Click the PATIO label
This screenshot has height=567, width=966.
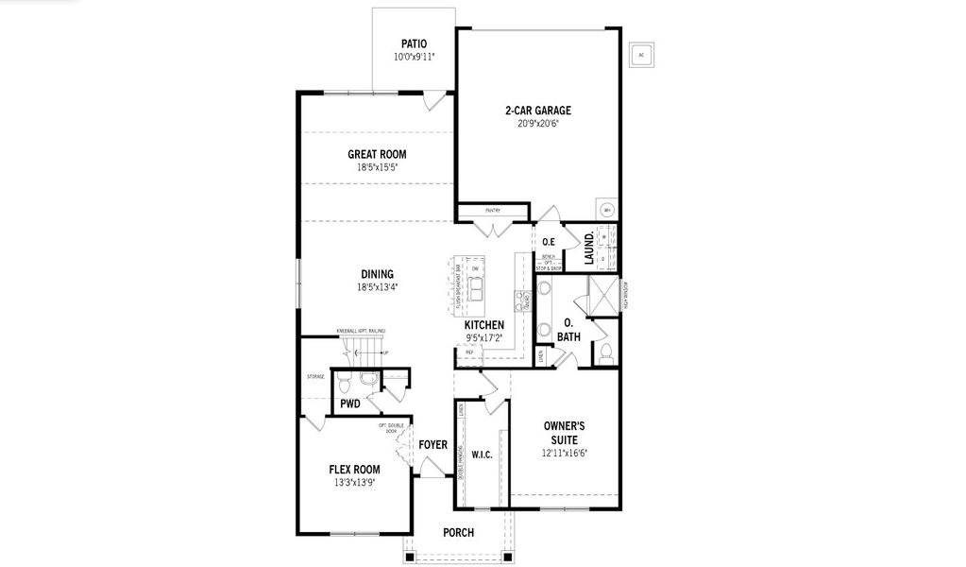[414, 43]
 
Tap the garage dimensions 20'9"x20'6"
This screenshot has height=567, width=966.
[537, 124]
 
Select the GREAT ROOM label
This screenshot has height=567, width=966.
[377, 154]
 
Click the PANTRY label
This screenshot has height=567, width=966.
[492, 211]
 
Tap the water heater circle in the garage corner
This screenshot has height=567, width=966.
[607, 210]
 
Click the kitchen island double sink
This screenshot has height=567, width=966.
[476, 286]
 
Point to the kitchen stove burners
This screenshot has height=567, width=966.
[520, 301]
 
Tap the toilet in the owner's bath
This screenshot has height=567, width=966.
[605, 354]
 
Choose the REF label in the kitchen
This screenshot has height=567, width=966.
[469, 352]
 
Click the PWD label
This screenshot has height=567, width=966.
[350, 404]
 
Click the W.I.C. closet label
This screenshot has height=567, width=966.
[482, 454]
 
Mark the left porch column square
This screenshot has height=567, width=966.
[409, 557]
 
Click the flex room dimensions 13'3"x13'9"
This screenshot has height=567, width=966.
[354, 483]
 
